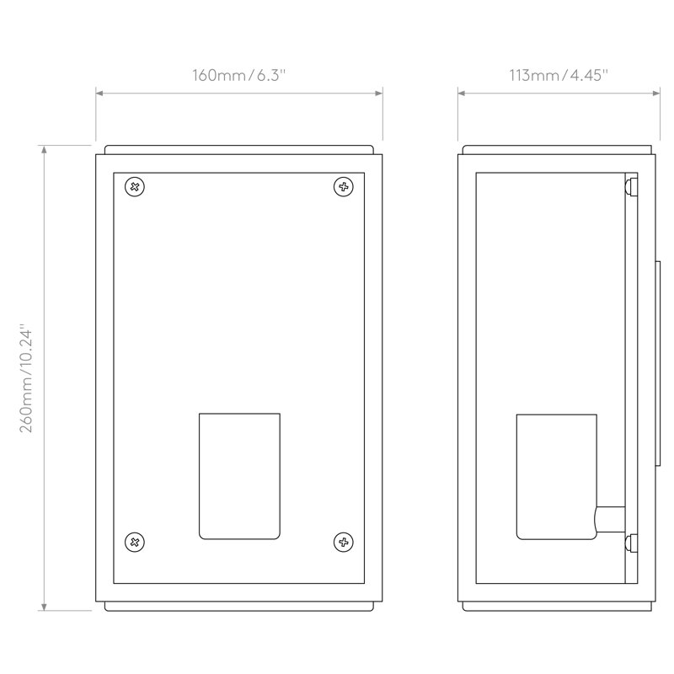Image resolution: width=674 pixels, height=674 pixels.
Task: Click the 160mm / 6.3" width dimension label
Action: point(238,75)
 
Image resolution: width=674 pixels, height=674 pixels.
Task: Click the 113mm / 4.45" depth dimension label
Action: point(559,75)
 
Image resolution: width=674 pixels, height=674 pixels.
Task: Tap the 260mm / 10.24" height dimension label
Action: point(26,378)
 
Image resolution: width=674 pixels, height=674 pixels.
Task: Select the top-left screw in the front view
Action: point(135,187)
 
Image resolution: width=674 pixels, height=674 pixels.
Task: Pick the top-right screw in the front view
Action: point(344,187)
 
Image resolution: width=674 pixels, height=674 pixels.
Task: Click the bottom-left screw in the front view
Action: point(135,542)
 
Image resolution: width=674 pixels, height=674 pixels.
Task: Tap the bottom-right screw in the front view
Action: point(344,542)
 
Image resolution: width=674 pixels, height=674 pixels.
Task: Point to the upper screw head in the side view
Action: point(630,187)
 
